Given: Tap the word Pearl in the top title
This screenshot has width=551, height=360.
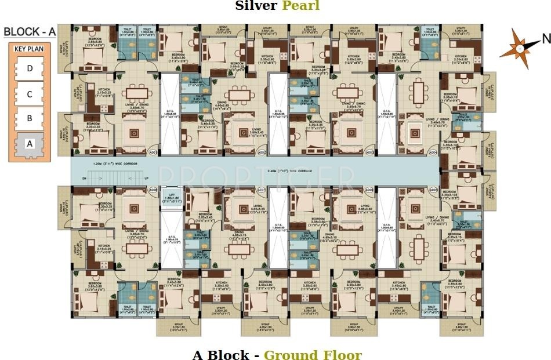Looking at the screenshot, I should tap(300, 6).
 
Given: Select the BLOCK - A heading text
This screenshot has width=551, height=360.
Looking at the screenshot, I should tap(29, 32).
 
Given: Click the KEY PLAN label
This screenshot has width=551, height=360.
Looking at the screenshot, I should tap(29, 50).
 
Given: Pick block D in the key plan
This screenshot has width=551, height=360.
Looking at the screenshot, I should tap(30, 68).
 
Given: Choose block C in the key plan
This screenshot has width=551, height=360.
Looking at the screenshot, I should tap(30, 93).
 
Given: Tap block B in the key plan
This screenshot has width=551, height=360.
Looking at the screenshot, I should tap(30, 118).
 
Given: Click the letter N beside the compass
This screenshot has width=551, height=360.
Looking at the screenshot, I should tap(545, 39).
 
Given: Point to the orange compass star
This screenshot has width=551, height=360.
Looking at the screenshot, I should tap(519, 49).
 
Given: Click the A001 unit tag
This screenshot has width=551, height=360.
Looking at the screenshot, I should tap(153, 152).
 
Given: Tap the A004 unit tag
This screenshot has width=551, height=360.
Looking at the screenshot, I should tap(432, 152).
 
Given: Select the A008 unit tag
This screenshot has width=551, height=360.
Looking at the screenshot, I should tap(153, 190).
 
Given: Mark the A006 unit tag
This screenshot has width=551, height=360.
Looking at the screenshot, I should tap(369, 190).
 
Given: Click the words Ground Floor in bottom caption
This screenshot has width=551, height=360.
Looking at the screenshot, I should tap(313, 355).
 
